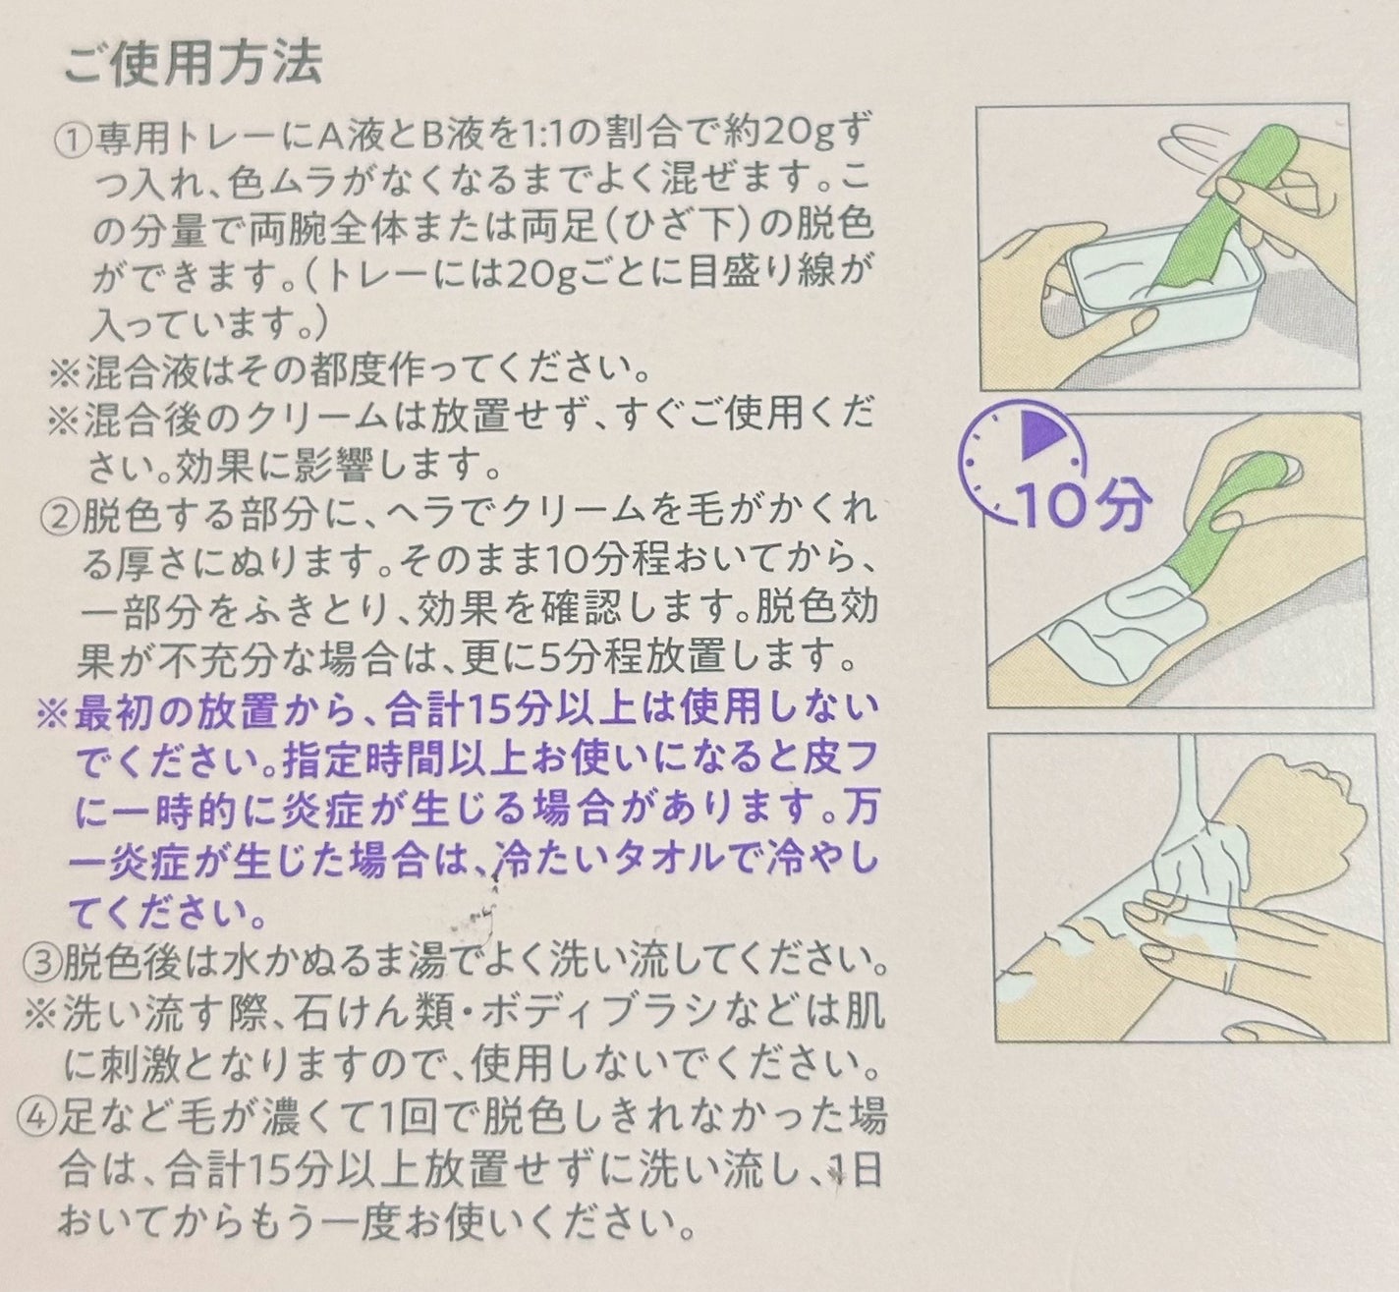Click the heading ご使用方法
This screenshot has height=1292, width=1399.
click(x=192, y=65)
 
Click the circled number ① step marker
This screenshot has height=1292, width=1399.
click(x=74, y=138)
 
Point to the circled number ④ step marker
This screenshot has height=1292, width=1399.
click(x=35, y=1116)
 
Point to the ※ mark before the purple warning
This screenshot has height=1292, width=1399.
click(x=50, y=711)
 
